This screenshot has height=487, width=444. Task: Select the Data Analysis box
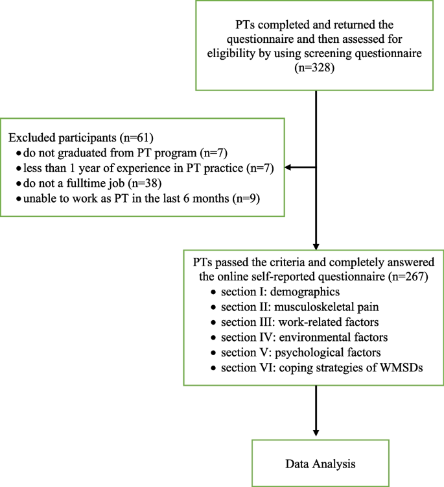(x=316, y=464)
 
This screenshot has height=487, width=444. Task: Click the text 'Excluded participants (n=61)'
(x=77, y=138)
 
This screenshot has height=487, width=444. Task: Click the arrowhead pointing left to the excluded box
(x=290, y=167)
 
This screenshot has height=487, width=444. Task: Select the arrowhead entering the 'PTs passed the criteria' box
(x=316, y=245)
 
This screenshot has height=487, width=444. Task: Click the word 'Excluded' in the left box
(x=29, y=138)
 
